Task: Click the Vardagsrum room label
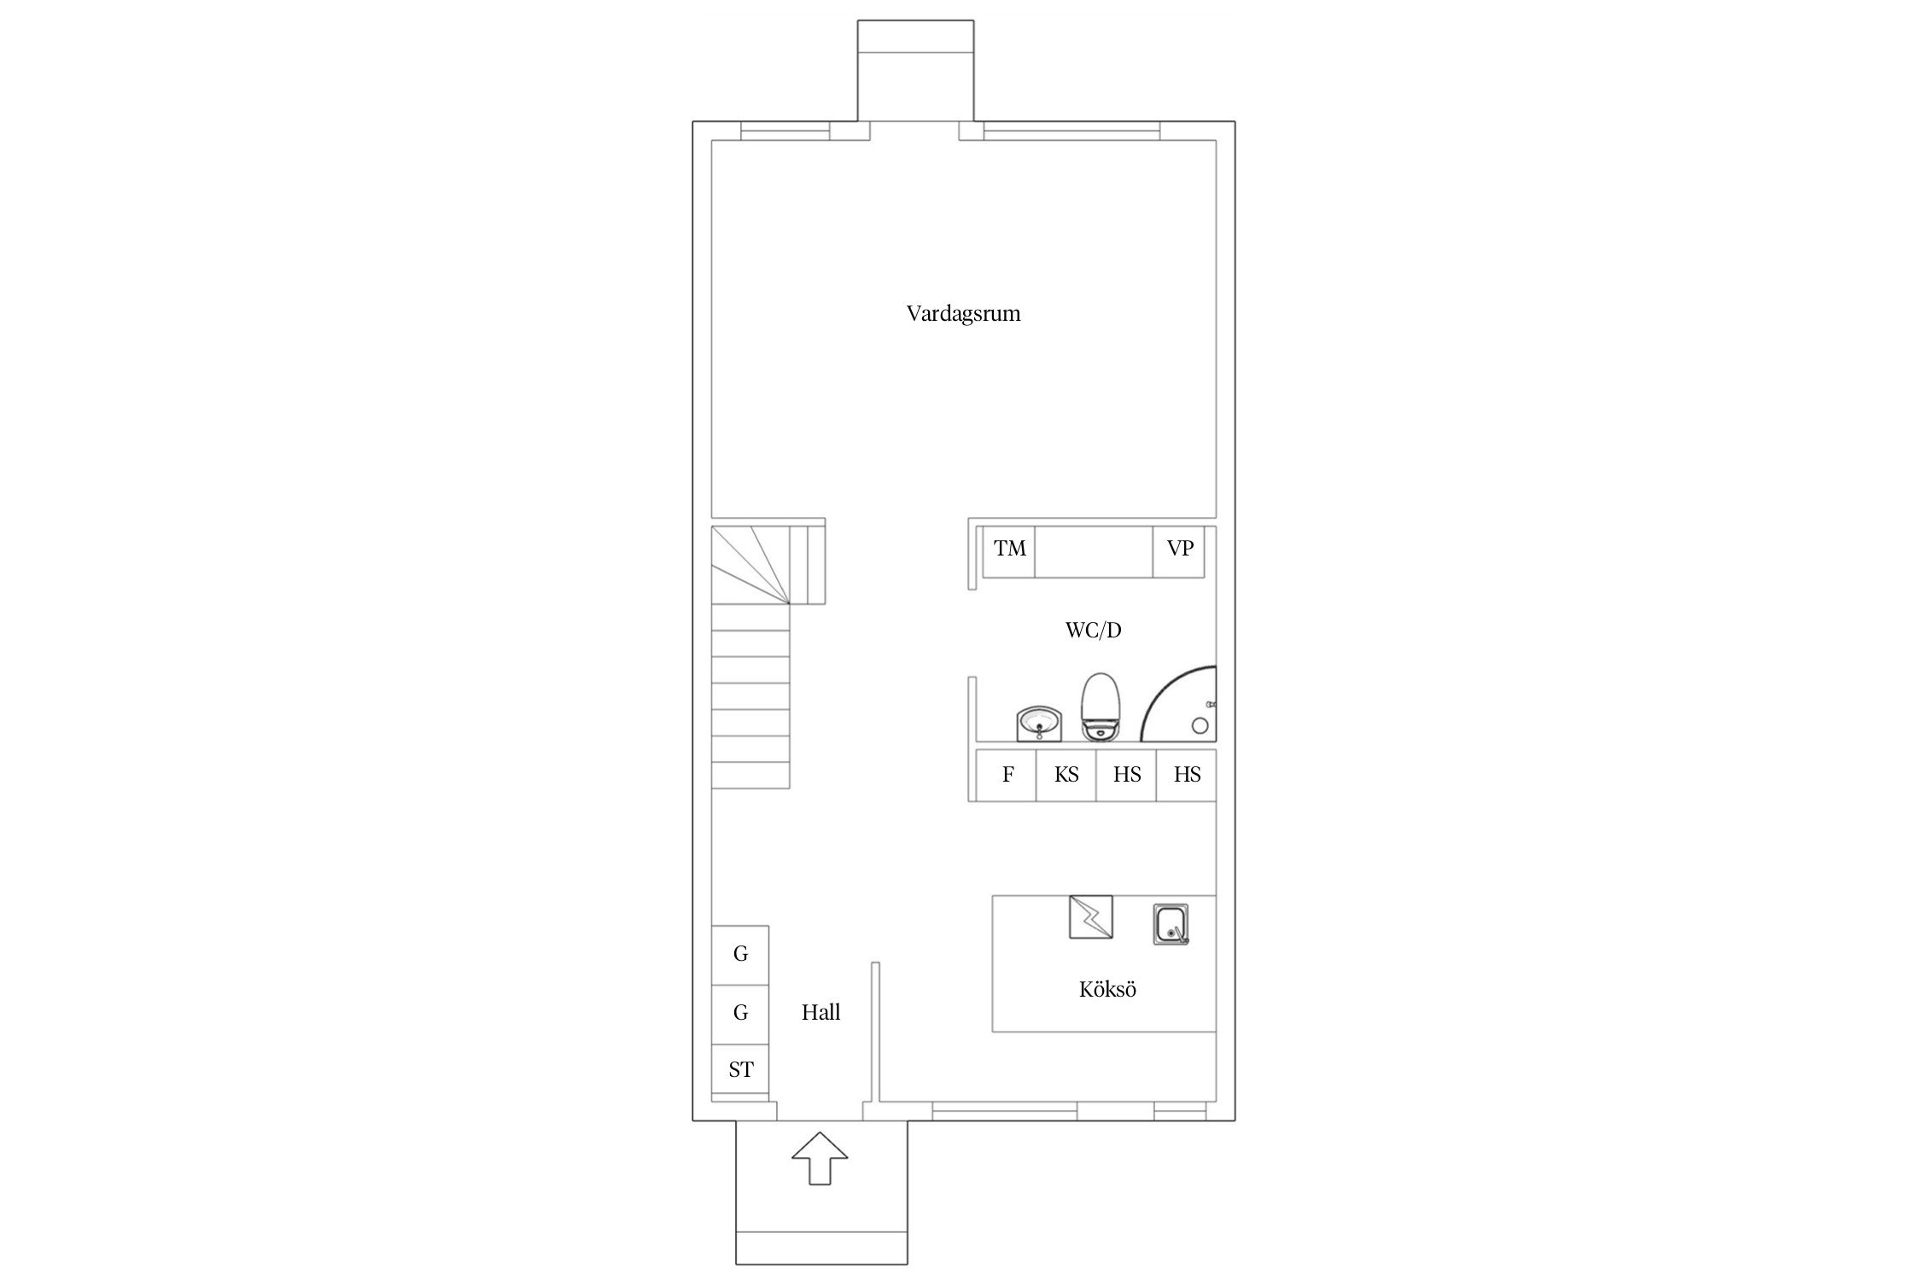pyautogui.click(x=963, y=314)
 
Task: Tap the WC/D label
pyautogui.click(x=1093, y=631)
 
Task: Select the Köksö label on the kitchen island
pyautogui.click(x=1107, y=989)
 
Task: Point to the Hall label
pyautogui.click(x=820, y=1012)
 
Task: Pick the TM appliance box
pyautogui.click(x=1009, y=552)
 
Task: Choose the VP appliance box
pyautogui.click(x=1179, y=552)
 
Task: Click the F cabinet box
pyautogui.click(x=1007, y=775)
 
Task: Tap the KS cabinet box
pyautogui.click(x=1066, y=775)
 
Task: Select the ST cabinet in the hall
pyautogui.click(x=740, y=1070)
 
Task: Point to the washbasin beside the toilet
pyautogui.click(x=1039, y=724)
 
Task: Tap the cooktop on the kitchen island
pyautogui.click(x=1091, y=917)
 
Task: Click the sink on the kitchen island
pyautogui.click(x=1171, y=924)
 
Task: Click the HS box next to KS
pyautogui.click(x=1126, y=775)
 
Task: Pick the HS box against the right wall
pyautogui.click(x=1187, y=775)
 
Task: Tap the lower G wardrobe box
pyautogui.click(x=740, y=1014)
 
